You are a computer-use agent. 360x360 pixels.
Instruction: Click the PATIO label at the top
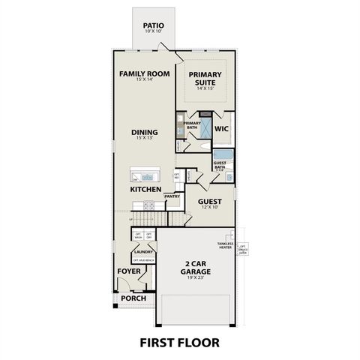[154, 25]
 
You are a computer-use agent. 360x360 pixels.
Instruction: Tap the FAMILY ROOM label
[144, 74]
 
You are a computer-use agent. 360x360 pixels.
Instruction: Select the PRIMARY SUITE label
[205, 78]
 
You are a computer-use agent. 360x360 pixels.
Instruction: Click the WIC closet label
[220, 128]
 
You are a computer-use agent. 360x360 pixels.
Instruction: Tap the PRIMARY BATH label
[192, 125]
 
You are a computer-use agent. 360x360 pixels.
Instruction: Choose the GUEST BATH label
[220, 165]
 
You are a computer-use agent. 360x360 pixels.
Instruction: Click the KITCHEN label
[145, 190]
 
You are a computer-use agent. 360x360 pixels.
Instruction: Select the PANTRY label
[172, 197]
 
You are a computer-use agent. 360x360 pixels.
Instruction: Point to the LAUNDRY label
[143, 252]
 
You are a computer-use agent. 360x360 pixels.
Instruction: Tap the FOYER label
[127, 271]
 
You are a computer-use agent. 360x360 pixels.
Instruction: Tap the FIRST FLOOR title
[179, 343]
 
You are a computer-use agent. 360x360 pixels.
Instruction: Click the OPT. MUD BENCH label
[143, 260]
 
